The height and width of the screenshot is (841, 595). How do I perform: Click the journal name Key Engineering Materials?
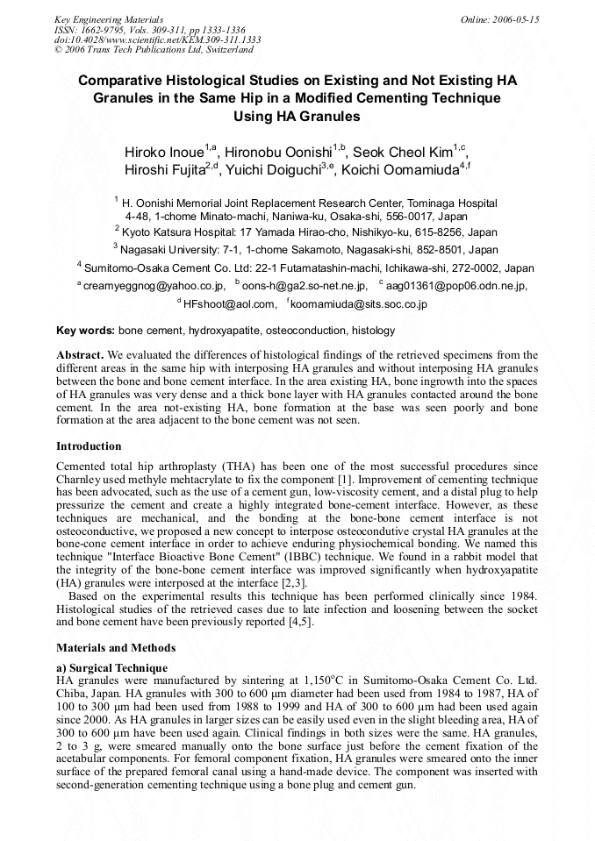tap(108, 18)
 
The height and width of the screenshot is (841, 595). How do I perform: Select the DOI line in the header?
tap(157, 39)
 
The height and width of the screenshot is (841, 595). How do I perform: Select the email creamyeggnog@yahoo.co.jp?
tap(154, 285)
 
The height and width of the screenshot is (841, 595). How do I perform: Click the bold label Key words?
tap(85, 331)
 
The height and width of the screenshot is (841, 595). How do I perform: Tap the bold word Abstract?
tap(80, 354)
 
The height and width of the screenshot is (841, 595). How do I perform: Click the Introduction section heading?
tap(89, 445)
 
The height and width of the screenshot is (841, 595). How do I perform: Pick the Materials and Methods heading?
tap(116, 647)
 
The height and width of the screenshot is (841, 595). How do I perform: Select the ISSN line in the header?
tap(144, 29)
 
